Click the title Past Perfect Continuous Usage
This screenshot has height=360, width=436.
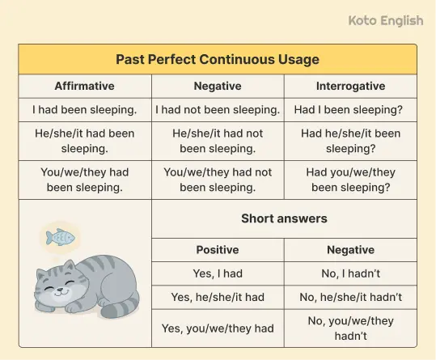[218, 60]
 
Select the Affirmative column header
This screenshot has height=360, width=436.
[85, 86]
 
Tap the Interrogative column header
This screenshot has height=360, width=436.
[350, 86]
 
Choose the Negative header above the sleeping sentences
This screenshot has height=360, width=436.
[218, 86]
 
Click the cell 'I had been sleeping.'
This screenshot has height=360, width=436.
[85, 109]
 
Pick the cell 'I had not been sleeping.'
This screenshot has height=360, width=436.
[218, 109]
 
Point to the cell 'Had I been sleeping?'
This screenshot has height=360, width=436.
[350, 109]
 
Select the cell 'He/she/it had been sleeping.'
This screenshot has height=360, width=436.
[85, 140]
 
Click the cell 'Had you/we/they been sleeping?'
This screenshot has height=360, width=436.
[350, 180]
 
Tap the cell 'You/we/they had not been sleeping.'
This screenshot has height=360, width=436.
[218, 180]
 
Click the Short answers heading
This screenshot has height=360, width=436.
[284, 218]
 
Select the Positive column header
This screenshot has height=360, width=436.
[218, 250]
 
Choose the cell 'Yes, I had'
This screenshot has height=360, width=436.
[218, 273]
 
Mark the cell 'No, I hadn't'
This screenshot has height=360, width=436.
[350, 273]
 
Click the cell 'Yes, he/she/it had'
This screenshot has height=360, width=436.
[218, 297]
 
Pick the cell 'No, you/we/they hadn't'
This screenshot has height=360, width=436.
[350, 328]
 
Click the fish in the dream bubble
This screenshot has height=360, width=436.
[60, 237]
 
